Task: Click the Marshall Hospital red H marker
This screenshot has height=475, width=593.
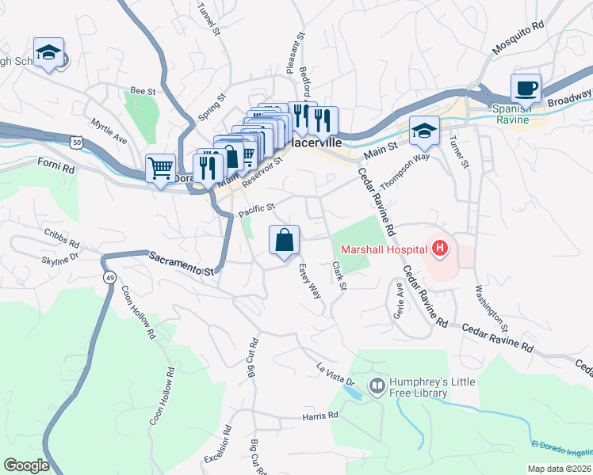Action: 441,249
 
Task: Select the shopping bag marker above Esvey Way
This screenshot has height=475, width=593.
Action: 285,240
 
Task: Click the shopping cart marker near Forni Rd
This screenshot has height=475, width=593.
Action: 160,168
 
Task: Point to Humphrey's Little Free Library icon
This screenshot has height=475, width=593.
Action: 377,386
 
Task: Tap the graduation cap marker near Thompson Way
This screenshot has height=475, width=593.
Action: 423,131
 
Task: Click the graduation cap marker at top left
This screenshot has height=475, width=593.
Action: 49,52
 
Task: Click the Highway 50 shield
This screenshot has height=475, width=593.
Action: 75,142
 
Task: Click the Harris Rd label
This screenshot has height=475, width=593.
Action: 320,415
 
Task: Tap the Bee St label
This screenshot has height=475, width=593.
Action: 143,92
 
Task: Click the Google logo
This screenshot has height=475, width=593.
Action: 26,465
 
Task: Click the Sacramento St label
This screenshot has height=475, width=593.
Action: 182,263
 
